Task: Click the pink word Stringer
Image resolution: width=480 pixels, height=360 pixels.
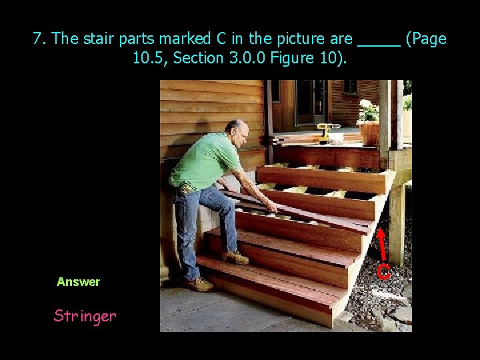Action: tap(85, 315)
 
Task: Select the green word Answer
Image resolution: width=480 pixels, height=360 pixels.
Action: tap(78, 282)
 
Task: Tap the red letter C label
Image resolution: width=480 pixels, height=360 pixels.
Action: tap(383, 271)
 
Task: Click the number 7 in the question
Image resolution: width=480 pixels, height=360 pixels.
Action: tap(38, 39)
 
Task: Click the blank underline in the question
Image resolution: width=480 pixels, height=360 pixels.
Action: tap(379, 41)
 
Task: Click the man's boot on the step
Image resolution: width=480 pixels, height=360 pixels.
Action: tap(236, 257)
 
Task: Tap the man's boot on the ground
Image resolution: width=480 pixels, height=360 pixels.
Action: tap(199, 284)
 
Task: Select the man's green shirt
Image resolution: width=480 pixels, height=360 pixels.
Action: tap(203, 160)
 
